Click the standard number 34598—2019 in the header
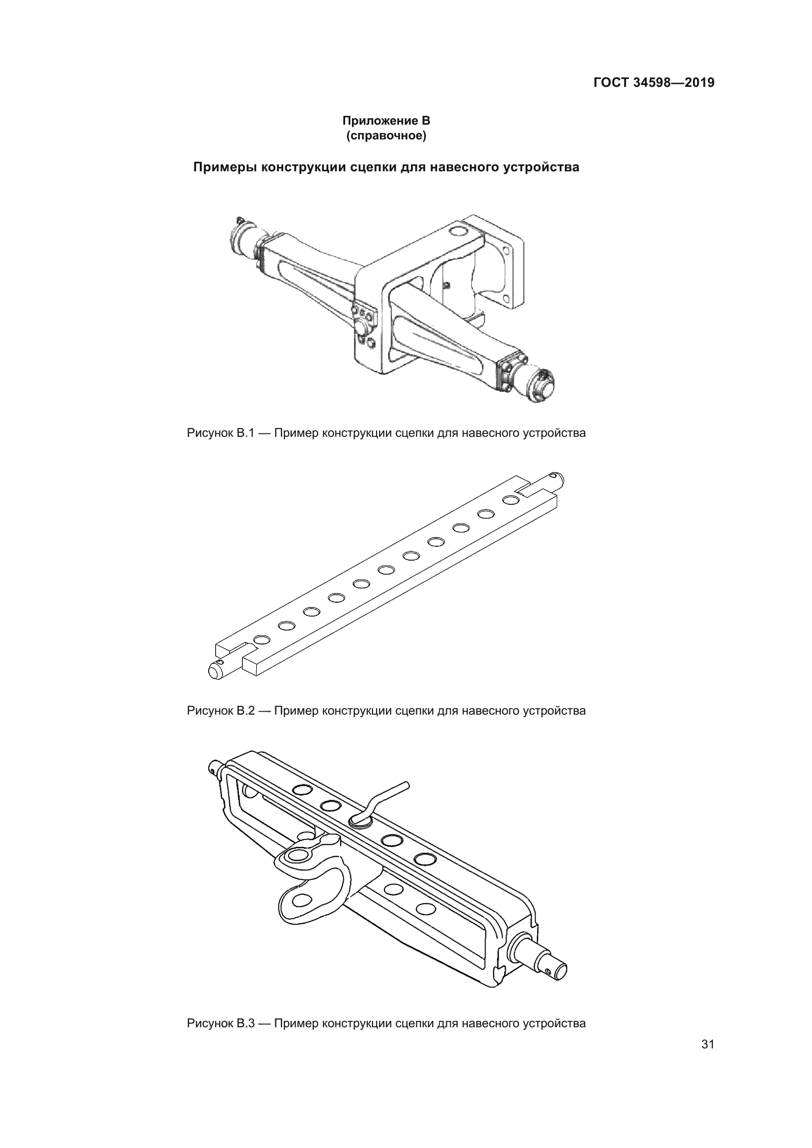[x=674, y=82]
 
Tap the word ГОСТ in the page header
[x=611, y=82]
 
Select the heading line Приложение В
[x=386, y=121]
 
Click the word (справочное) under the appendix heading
[x=386, y=135]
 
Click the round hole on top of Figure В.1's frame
[x=457, y=231]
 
